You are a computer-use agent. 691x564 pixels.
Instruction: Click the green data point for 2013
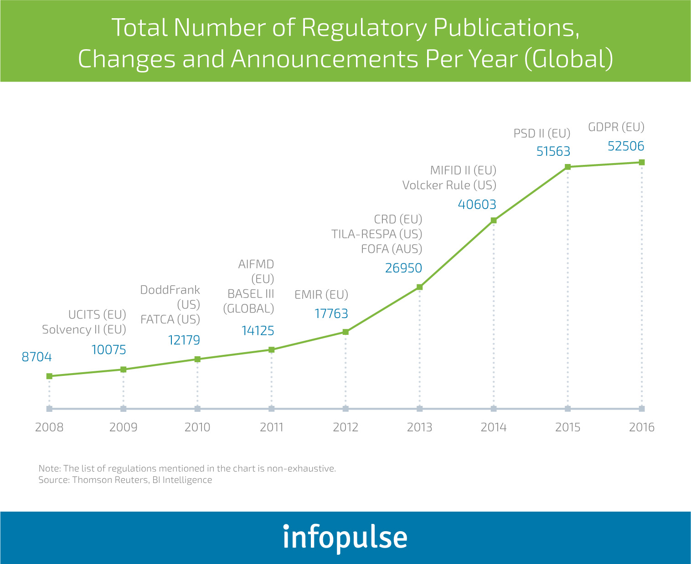[x=419, y=287]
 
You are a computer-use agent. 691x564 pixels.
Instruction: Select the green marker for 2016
[x=641, y=162]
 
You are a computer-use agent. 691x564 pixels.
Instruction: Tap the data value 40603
[x=477, y=205]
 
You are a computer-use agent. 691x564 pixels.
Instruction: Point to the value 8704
[x=37, y=357]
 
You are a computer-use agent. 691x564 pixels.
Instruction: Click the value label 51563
[x=553, y=151]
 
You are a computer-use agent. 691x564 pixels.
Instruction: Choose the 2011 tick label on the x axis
[x=271, y=427]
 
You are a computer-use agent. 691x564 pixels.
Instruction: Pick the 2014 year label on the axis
[x=494, y=427]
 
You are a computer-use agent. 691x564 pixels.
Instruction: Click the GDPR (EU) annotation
[x=616, y=127]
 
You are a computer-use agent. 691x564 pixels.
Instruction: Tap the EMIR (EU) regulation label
[x=321, y=295]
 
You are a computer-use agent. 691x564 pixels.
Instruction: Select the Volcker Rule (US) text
[x=449, y=185]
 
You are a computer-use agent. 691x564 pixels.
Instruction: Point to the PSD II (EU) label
[x=542, y=133]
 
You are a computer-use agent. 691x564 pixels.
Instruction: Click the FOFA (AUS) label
[x=392, y=249]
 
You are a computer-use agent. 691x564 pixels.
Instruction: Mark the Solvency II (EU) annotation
[x=84, y=330]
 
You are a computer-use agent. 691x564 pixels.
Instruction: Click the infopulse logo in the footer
[x=345, y=538]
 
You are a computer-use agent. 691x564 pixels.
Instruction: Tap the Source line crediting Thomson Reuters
[x=125, y=480]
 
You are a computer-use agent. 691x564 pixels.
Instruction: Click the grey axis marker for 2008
[x=49, y=409]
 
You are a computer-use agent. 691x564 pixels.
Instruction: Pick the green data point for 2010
[x=197, y=359]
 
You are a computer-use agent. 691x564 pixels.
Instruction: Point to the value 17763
[x=331, y=314]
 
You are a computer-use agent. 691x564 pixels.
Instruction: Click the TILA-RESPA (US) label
[x=376, y=234]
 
